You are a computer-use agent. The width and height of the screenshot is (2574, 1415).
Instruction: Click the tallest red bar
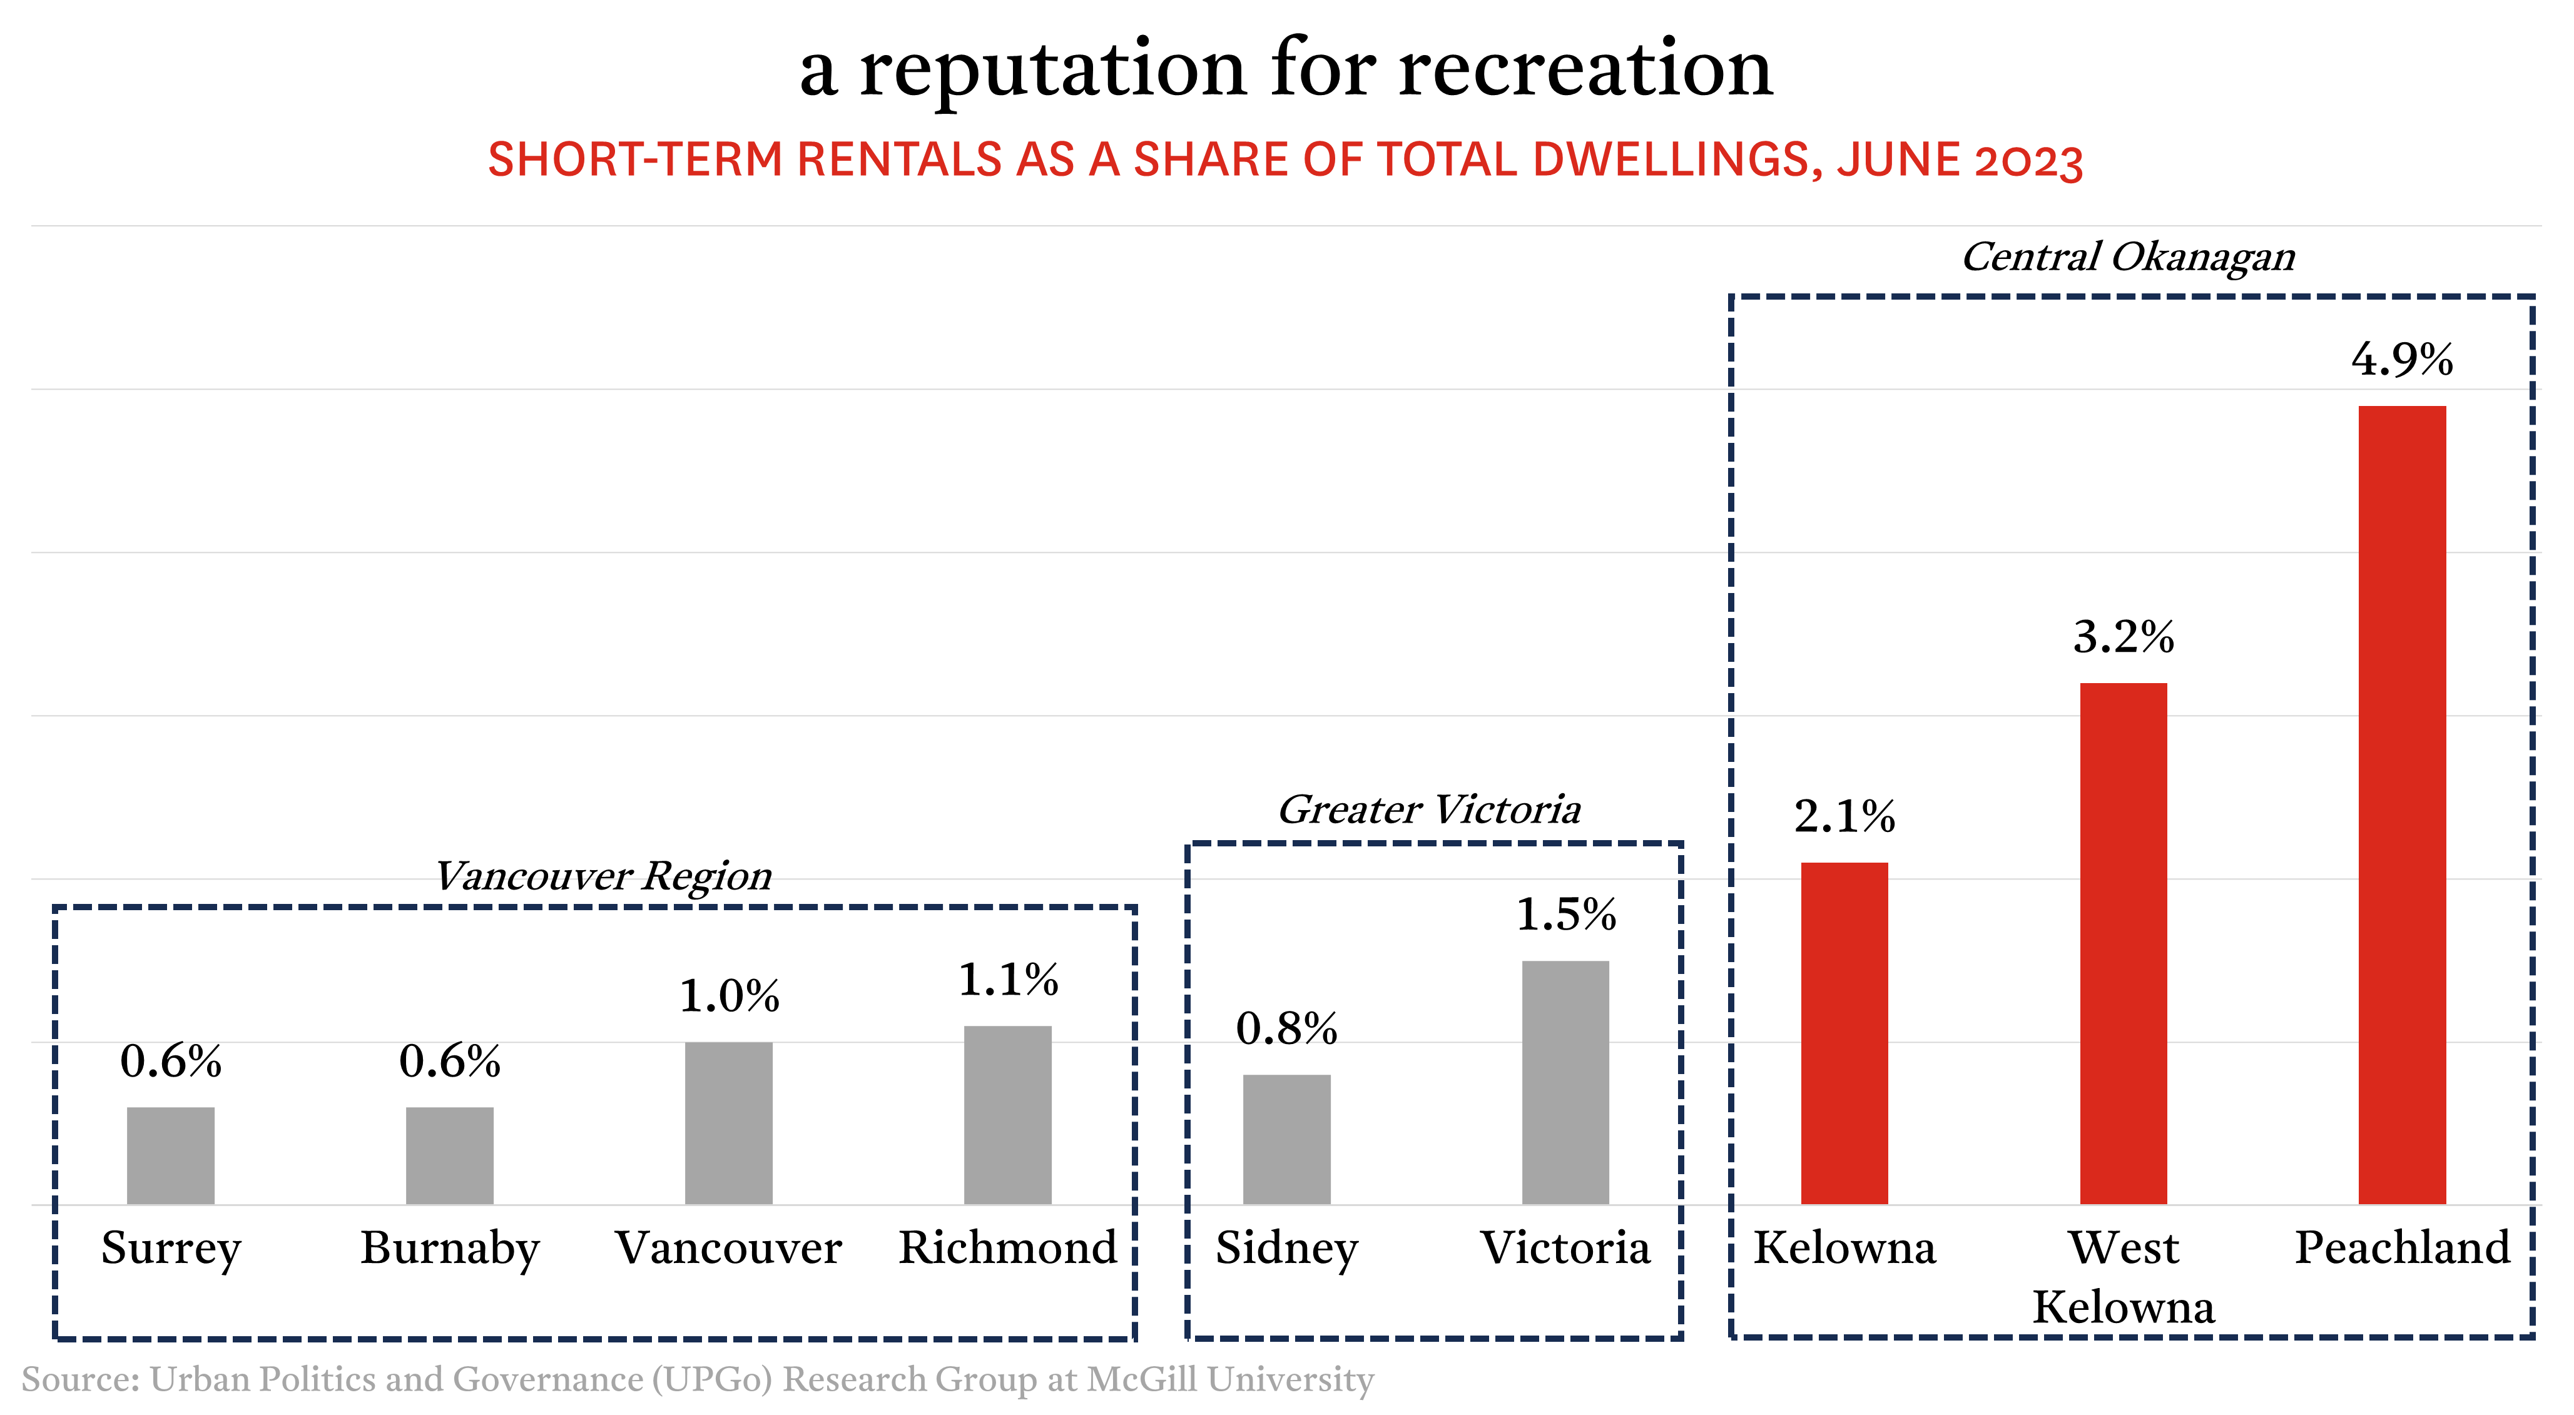tap(2401, 804)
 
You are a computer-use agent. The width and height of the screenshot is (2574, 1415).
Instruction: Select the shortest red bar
tap(1844, 1033)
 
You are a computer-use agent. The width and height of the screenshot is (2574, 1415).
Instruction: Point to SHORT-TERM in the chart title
tap(634, 160)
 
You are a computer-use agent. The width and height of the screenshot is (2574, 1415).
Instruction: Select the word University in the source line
tap(1291, 1380)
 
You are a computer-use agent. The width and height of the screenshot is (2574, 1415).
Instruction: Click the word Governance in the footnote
tap(547, 1380)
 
